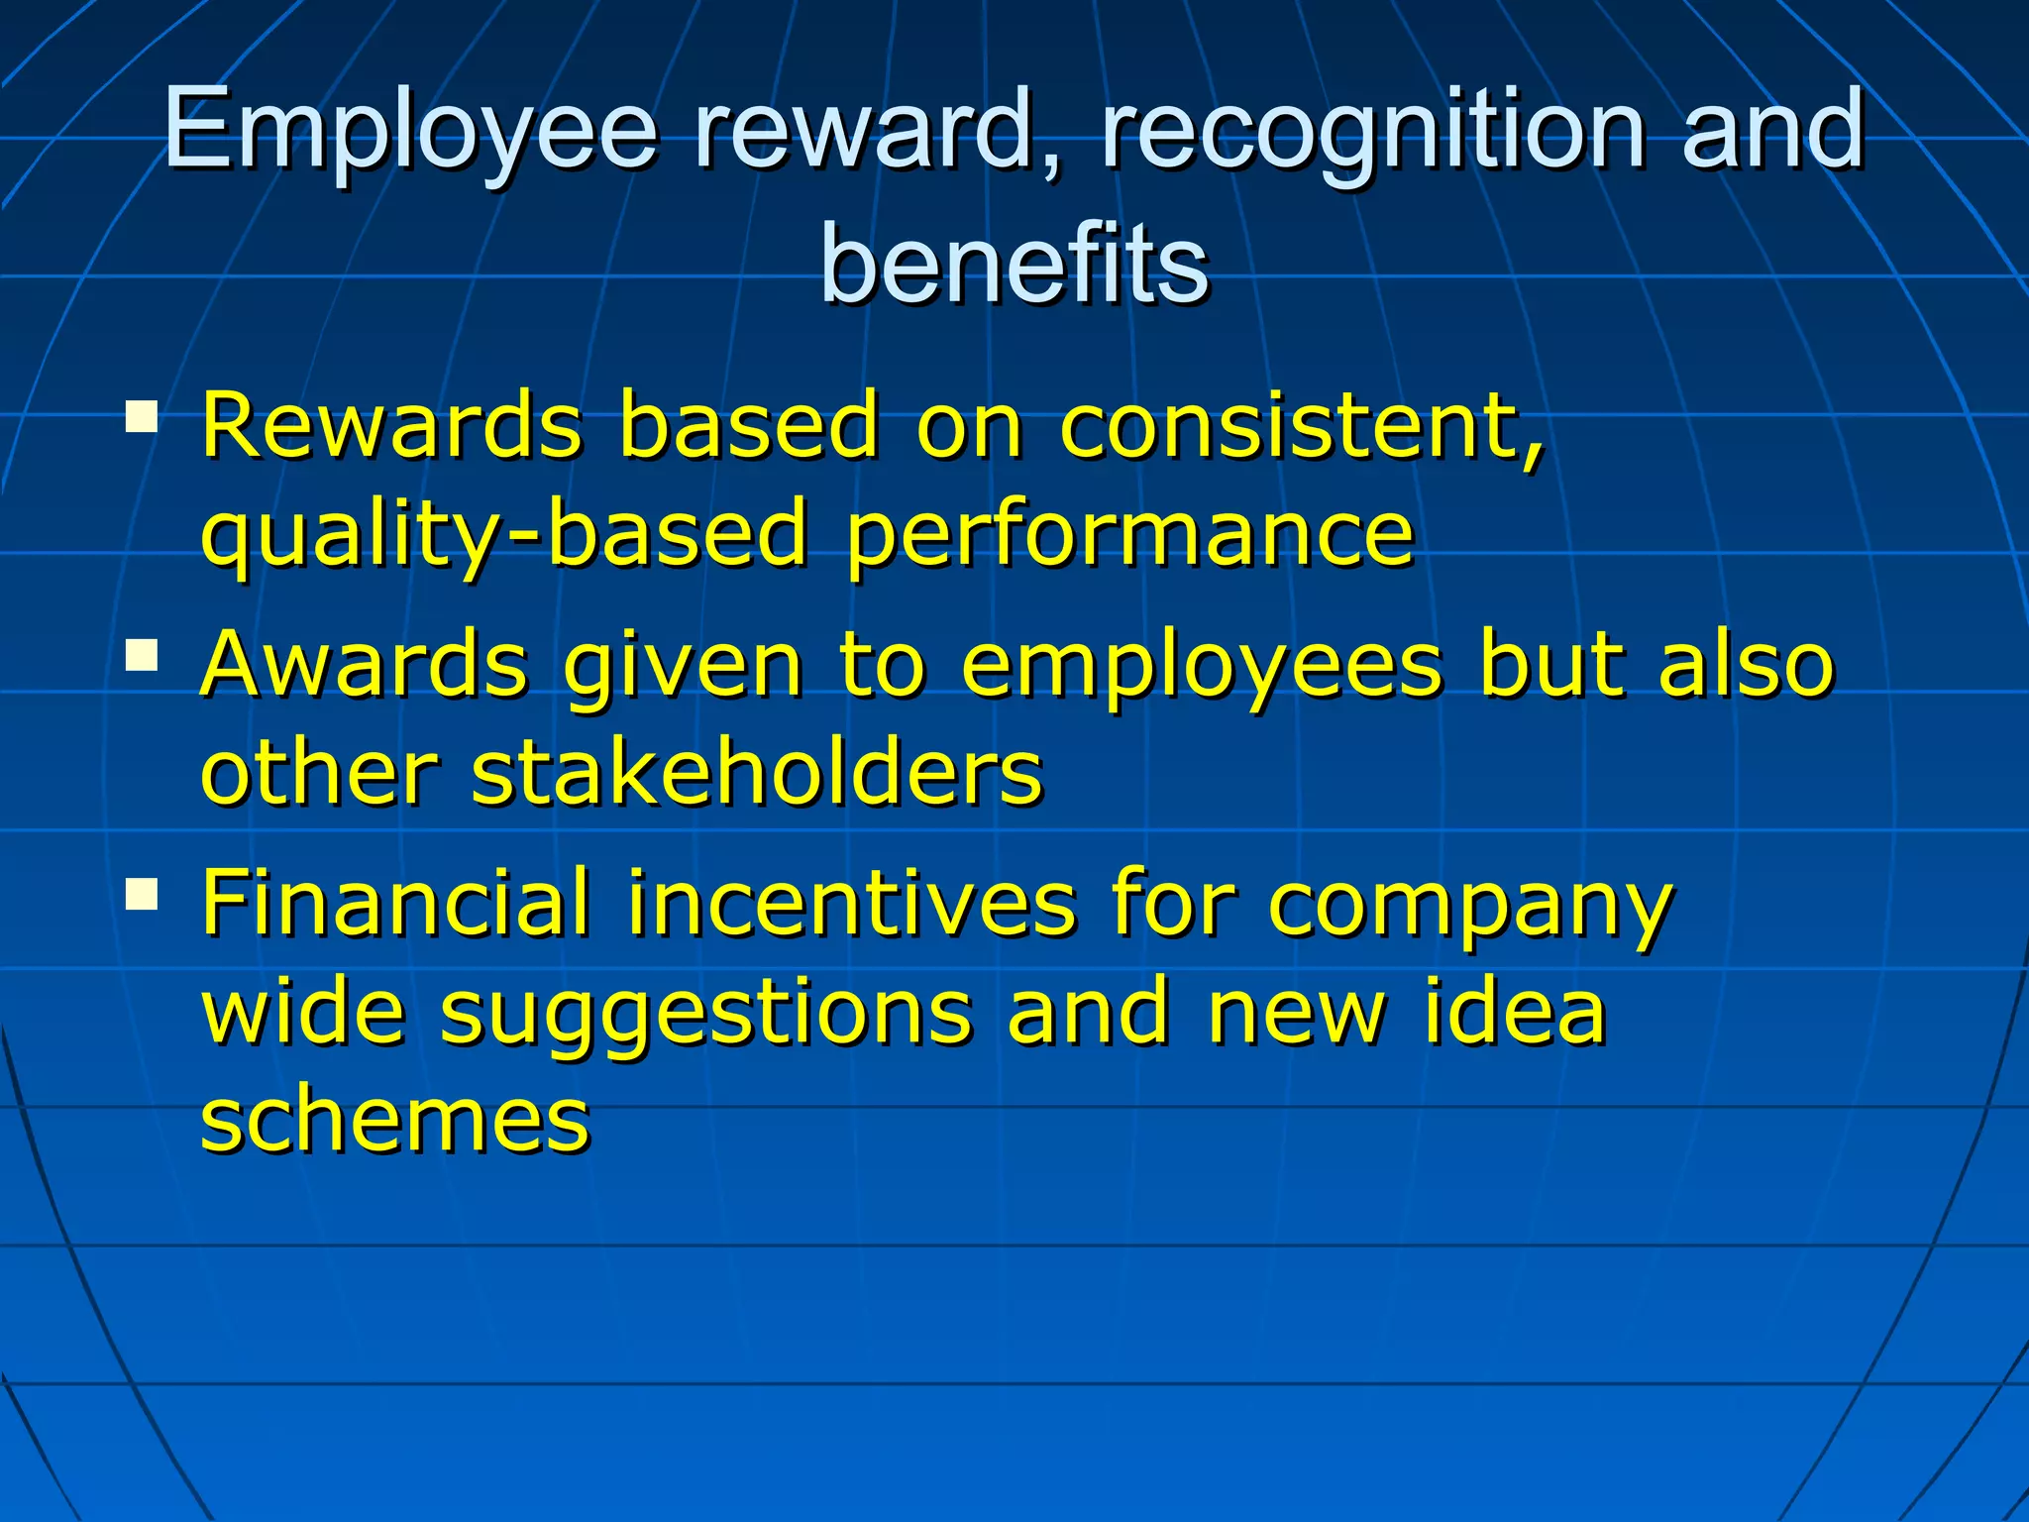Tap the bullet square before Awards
142,655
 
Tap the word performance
1129,535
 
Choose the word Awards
365,665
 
